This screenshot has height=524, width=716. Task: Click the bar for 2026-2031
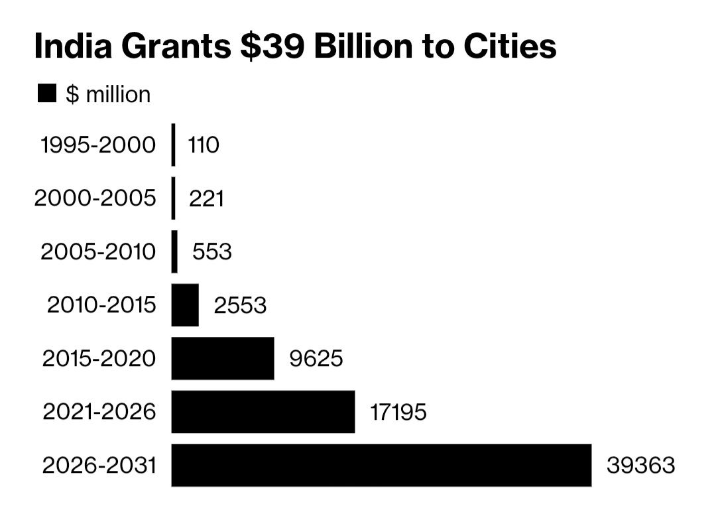[381, 465]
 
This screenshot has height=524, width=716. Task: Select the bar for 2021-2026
[263, 412]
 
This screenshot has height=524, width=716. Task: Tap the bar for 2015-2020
[223, 358]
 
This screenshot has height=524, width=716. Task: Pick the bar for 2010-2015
[185, 305]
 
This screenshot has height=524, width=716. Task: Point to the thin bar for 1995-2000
[174, 145]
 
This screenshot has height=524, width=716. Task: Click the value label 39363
[640, 466]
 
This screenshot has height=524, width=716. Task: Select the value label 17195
[398, 413]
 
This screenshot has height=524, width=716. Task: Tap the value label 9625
[316, 359]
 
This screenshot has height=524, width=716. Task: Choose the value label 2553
[240, 306]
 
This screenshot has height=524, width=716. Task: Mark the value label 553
[212, 252]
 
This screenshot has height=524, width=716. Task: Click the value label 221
[206, 199]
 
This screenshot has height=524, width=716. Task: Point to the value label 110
[203, 145]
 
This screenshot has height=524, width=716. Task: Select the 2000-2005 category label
[95, 198]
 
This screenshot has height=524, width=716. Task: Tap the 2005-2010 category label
[99, 252]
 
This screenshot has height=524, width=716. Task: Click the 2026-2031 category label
[99, 466]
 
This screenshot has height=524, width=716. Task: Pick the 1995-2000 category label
[98, 145]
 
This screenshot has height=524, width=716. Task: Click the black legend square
[48, 94]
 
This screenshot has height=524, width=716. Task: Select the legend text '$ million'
[108, 95]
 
